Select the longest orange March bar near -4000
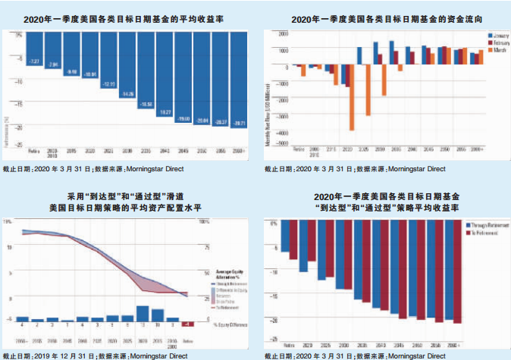click(352, 98)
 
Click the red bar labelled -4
click(187, 324)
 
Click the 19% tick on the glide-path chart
click(8, 221)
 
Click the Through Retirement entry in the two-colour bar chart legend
click(466, 227)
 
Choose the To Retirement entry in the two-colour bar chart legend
click(464, 233)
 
